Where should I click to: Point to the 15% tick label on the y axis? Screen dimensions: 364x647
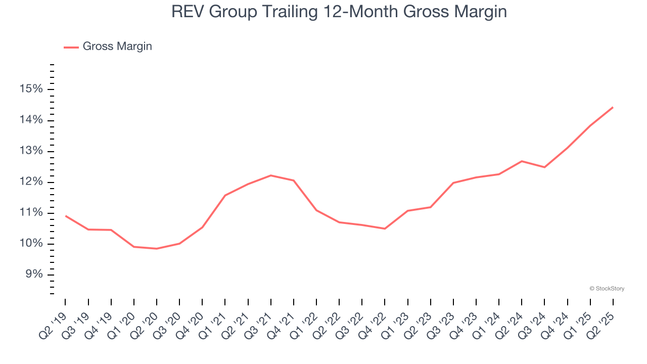30,89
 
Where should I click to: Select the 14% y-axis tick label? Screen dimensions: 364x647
30,120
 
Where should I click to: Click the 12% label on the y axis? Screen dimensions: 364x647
30,183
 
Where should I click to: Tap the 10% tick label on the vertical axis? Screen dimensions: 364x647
30,244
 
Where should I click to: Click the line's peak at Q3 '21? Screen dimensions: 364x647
271,175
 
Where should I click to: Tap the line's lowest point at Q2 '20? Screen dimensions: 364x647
157,249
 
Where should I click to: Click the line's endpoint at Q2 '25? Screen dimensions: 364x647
613,107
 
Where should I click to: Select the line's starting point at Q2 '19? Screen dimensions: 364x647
66,216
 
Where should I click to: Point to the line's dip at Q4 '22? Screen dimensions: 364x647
385,229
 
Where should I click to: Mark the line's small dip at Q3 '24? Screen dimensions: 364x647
544,167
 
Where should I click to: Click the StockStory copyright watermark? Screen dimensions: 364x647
607,289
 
